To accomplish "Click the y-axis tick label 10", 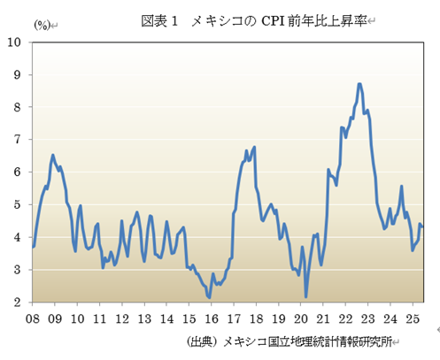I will click(16, 42).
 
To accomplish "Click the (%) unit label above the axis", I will click(42, 25).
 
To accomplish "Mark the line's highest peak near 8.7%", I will click(359, 84).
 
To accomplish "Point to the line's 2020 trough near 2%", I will click(306, 296).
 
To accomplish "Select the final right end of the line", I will click(422, 227).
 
